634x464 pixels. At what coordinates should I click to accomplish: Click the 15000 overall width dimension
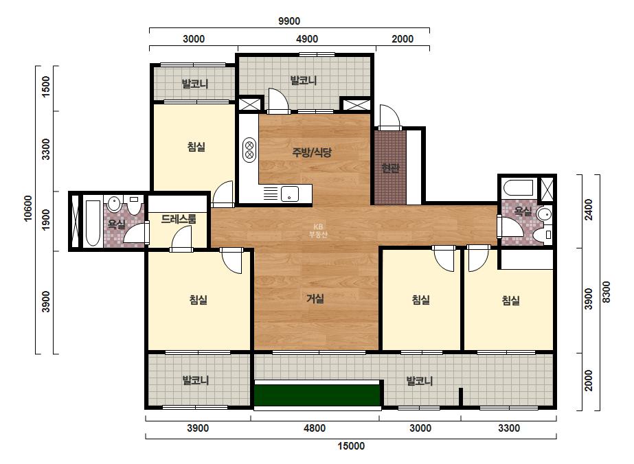coord(351,446)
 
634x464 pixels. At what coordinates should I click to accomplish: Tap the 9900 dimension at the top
coord(289,21)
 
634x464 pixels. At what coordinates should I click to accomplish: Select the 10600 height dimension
coord(27,208)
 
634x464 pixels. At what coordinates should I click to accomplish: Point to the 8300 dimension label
coord(606,292)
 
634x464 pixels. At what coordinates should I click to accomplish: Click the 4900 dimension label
coord(307,39)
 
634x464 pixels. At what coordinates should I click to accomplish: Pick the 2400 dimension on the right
coord(589,209)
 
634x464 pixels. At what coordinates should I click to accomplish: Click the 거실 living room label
coord(315,299)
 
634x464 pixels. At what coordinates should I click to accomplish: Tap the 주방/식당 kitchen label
coord(312,152)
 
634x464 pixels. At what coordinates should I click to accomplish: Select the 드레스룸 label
coord(179,219)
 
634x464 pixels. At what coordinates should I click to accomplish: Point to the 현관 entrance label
coord(390,167)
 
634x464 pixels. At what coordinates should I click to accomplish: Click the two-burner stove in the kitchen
coord(249,149)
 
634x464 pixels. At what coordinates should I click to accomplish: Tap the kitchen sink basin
coord(290,194)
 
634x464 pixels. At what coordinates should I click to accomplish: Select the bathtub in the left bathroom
coord(93,222)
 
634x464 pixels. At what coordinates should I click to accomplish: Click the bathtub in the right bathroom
coord(519,188)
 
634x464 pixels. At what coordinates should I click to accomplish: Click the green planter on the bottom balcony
coord(317,395)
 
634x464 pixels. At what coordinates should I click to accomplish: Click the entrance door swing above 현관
coord(390,117)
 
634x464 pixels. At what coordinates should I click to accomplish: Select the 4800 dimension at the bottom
coord(315,428)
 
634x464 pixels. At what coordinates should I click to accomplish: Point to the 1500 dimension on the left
coord(46,86)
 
